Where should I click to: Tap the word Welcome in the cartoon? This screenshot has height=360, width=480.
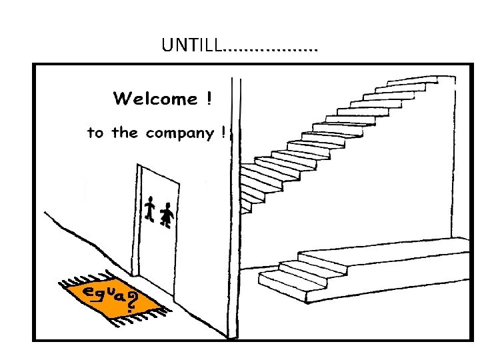pos(155,99)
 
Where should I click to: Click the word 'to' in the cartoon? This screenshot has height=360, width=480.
pos(95,133)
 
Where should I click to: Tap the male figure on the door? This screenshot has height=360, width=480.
pos(149,210)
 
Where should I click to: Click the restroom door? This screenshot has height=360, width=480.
pos(160,227)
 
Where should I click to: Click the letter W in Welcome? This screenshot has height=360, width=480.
pos(123,99)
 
